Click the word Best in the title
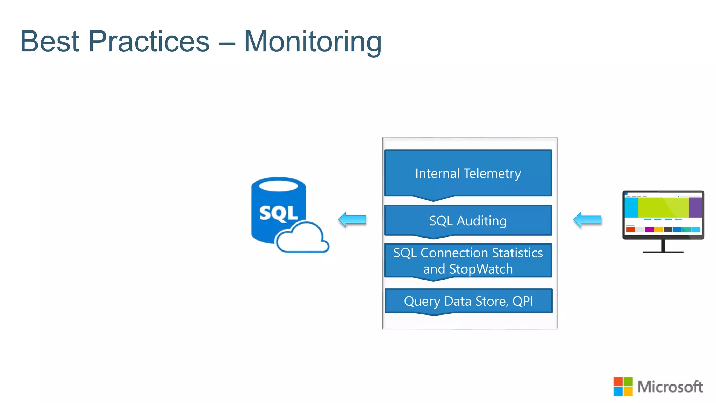click(x=50, y=41)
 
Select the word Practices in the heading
click(x=149, y=41)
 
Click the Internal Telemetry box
click(x=468, y=174)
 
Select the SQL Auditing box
click(x=468, y=221)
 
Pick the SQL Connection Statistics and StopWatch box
click(x=468, y=261)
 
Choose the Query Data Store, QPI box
click(x=468, y=301)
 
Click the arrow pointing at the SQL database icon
click(x=352, y=220)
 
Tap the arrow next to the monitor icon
click(x=587, y=220)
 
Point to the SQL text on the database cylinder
click(x=278, y=213)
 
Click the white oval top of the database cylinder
click(x=278, y=185)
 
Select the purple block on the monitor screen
click(x=695, y=207)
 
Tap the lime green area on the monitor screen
click(x=663, y=207)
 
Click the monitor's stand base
click(x=663, y=252)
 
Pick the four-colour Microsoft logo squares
click(x=623, y=387)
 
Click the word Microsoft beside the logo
click(x=670, y=387)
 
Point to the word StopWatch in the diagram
click(x=481, y=269)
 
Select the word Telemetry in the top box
click(x=492, y=174)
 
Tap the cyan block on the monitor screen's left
click(x=631, y=207)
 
